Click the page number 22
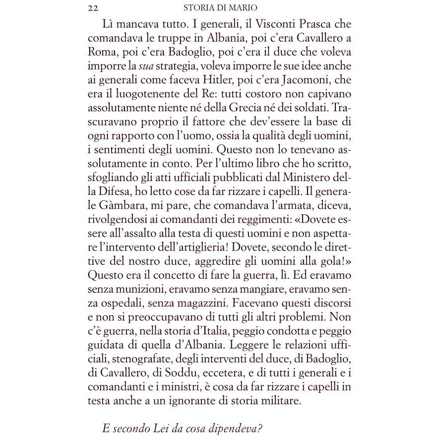tap(92, 8)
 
